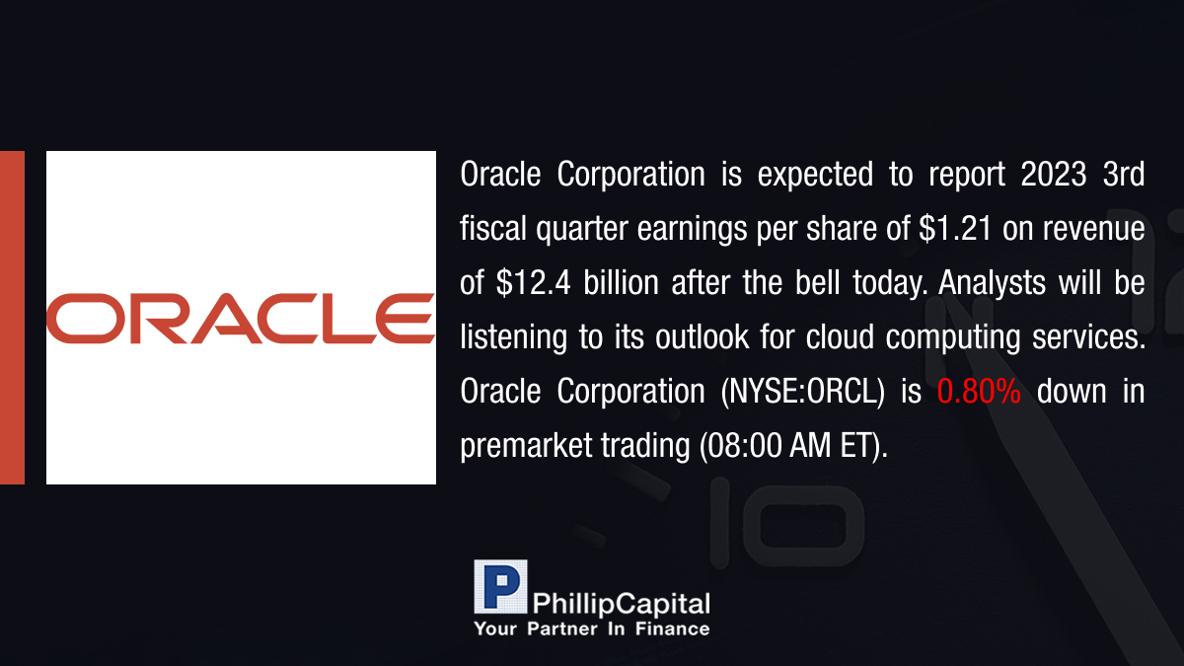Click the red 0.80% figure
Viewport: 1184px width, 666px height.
(979, 391)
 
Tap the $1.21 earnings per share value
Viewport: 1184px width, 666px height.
(955, 228)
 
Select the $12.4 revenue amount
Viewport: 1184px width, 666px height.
(534, 283)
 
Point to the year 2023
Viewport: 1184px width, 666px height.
(1054, 174)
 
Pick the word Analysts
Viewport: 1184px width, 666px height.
(993, 283)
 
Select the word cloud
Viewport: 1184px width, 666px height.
(840, 336)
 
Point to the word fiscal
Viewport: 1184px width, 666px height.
(493, 228)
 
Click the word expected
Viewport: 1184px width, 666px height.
(815, 176)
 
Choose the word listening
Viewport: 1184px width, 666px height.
(514, 338)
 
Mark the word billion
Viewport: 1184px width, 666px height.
(621, 283)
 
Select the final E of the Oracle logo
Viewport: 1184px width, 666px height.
(406, 318)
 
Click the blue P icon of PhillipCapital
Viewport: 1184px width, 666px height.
(500, 587)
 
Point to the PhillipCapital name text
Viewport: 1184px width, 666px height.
(621, 604)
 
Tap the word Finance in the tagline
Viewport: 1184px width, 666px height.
(672, 629)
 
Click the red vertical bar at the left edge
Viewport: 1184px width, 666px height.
(12, 318)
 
